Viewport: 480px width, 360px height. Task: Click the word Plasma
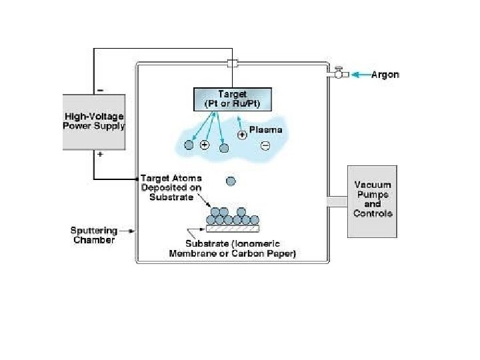265,130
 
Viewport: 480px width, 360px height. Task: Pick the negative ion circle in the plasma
265,146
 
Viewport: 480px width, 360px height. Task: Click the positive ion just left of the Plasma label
242,134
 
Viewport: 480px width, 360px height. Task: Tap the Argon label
385,75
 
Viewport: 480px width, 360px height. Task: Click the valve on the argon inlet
338,73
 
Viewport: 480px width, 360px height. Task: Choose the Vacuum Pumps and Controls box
372,201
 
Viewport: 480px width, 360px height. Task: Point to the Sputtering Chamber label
93,235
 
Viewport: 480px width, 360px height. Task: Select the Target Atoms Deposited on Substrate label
171,188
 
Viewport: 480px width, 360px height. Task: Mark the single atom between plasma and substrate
231,181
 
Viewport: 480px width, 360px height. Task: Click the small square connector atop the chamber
232,64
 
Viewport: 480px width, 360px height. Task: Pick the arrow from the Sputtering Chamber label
127,231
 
